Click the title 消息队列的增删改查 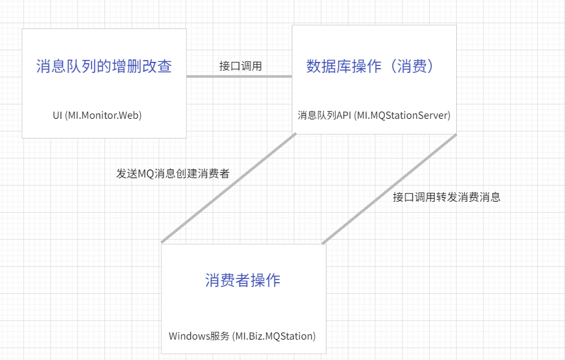click(x=104, y=66)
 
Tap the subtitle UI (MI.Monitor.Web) click(x=97, y=115)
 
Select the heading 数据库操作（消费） click(x=370, y=66)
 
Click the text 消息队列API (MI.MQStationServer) click(x=374, y=115)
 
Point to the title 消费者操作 click(x=242, y=280)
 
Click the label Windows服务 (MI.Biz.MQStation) click(x=242, y=336)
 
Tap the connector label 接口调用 click(x=240, y=66)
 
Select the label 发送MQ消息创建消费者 click(x=173, y=174)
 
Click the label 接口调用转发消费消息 click(x=446, y=197)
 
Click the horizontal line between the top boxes click(x=239, y=76)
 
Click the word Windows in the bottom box click(x=189, y=336)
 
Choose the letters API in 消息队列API click(x=343, y=115)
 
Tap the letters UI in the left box click(x=57, y=115)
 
